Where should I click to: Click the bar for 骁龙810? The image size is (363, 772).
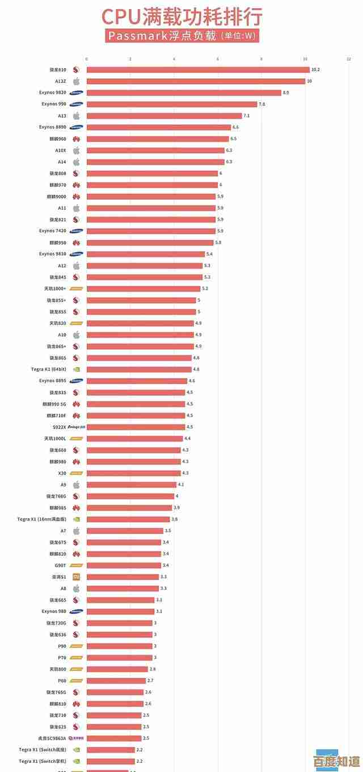198,70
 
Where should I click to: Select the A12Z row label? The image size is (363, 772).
61,81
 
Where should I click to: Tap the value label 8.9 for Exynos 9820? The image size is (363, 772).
285,93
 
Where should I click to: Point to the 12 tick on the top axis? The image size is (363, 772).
349,59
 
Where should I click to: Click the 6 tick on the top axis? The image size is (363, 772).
218,59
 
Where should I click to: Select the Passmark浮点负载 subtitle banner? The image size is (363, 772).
181,36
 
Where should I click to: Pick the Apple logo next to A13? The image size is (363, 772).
76,116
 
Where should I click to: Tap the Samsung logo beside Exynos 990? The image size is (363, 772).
76,104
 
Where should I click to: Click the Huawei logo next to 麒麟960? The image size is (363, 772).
76,139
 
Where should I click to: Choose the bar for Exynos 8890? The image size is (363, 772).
159,127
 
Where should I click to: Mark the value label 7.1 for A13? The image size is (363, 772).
246,116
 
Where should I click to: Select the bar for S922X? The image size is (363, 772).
136,427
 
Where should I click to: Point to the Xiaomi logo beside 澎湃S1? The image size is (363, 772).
76,577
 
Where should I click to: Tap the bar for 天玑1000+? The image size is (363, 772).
143,289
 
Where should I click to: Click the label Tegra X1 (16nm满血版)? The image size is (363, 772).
41,519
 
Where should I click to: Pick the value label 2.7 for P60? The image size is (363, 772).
150,681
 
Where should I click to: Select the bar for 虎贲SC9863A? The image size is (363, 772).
114,738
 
